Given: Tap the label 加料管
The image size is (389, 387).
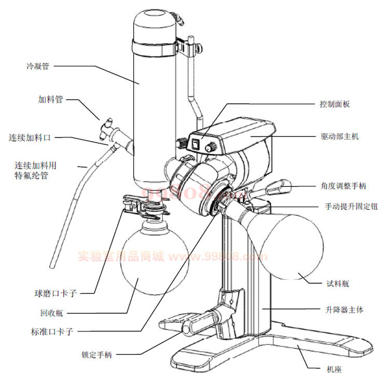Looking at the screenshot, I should click(x=51, y=99).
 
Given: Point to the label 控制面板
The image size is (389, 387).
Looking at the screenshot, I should click(x=335, y=104).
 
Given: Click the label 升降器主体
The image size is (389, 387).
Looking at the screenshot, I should click(x=343, y=310).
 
